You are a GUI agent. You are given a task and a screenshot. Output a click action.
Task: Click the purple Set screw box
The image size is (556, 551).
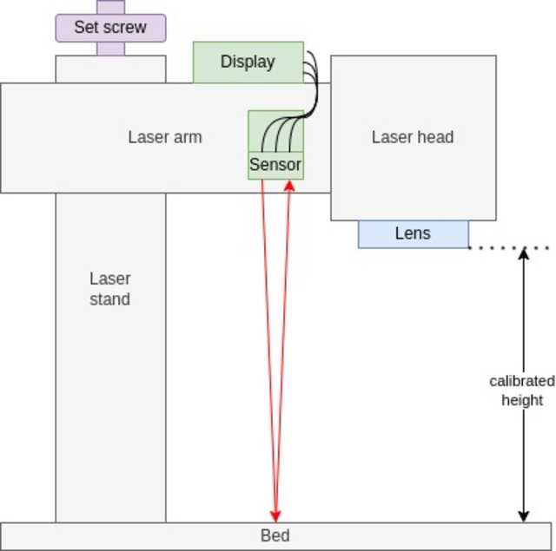(x=109, y=27)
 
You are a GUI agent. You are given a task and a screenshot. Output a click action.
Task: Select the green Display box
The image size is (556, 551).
(x=248, y=62)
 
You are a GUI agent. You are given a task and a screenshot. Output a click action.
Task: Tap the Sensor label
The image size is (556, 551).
(x=275, y=165)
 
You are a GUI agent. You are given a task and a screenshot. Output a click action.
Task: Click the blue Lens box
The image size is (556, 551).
(x=413, y=234)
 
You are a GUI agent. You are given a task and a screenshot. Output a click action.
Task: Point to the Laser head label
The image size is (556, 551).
(x=413, y=137)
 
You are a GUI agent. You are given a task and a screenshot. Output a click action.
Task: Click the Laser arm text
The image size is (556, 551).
(x=165, y=137)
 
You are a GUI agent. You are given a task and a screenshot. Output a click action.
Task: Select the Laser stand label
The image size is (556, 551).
(x=110, y=289)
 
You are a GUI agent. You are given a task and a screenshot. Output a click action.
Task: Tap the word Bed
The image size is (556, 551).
(x=275, y=536)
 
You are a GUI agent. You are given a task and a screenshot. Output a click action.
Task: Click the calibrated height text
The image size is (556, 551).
(x=522, y=390)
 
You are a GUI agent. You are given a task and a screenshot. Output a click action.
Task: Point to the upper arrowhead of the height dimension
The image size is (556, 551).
(x=524, y=253)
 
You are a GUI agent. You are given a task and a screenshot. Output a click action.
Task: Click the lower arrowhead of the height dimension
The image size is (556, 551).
(x=524, y=516)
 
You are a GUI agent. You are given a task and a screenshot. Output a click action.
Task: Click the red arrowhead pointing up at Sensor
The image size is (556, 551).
(x=289, y=185)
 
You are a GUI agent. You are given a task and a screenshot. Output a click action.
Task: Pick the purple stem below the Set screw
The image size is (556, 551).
(x=110, y=49)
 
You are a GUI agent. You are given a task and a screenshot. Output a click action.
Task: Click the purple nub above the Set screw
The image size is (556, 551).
(x=110, y=7)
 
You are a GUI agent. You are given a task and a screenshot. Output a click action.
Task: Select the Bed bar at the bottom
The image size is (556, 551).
(x=130, y=536)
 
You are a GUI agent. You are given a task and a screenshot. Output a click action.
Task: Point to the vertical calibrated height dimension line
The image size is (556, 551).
(x=524, y=330)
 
